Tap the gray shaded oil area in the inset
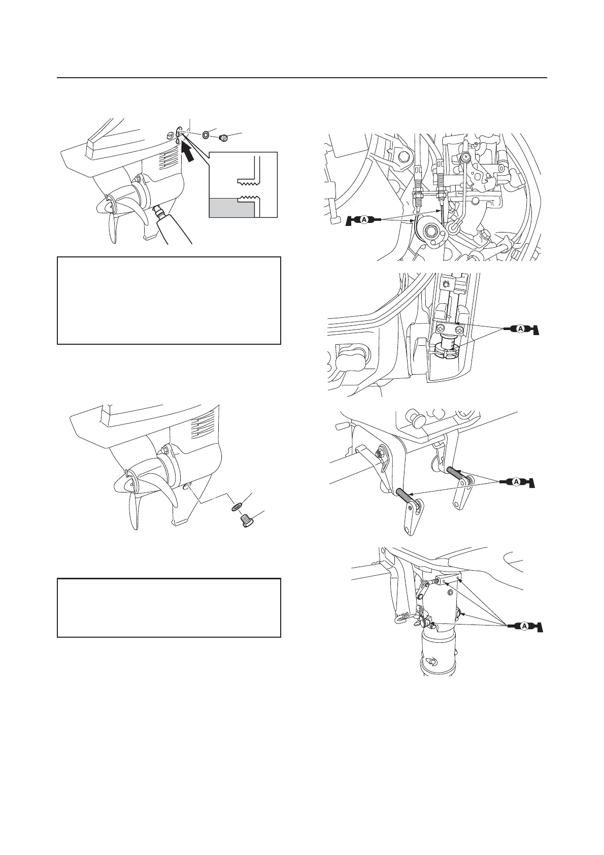pos(231,207)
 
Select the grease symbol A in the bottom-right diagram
pos(522,627)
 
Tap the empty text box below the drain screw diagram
pos(169,607)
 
